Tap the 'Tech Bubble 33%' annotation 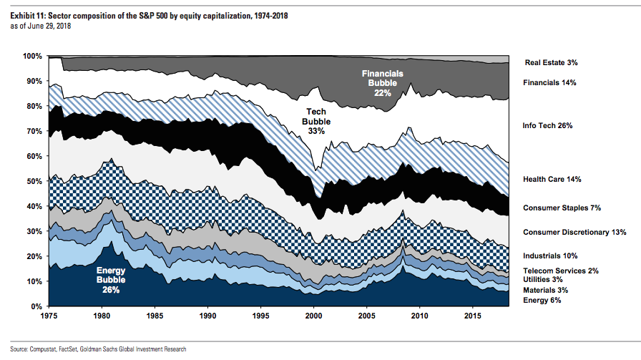316,122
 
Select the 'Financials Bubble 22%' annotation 383,83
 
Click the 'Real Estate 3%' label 551,63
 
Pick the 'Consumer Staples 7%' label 562,208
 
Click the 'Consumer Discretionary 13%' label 574,233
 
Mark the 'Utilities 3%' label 543,280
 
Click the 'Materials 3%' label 544,291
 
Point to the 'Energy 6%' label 542,301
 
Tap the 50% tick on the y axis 34,181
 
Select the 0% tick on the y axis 36,306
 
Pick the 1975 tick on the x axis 49,316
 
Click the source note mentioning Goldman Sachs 98,349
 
